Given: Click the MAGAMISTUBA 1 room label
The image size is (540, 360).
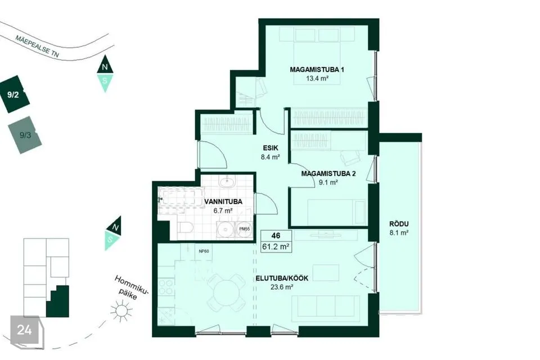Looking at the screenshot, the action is coord(317,70).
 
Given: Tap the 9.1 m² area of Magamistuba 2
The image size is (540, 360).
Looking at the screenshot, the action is coord(328,183).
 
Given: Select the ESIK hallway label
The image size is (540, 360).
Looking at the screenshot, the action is coord(271,148).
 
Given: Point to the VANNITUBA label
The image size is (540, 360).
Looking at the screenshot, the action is coord(223,201).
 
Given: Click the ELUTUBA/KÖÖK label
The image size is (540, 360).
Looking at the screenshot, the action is coord(282,278).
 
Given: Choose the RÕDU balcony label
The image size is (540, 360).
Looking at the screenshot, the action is coord(399,224).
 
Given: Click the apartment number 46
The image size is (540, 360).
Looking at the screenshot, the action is coord(276,236).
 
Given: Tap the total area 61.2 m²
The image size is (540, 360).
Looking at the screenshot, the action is coord(276,247).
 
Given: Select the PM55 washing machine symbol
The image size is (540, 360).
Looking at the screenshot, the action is coord(244,229).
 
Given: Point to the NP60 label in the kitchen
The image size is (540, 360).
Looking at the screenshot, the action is coord(204,251).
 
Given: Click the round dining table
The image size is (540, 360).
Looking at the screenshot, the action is coord(226,292).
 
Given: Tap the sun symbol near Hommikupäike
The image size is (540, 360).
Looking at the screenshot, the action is coord(121,310).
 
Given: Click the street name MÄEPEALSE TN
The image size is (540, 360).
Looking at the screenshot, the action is coord(37,46).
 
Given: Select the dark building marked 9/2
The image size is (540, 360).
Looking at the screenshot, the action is coord(14,94).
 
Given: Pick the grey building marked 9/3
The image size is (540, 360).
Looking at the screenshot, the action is coord(25,135).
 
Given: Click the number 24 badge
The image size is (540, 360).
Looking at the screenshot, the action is coord(25,330).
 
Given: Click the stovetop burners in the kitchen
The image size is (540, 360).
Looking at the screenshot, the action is coord(166,287).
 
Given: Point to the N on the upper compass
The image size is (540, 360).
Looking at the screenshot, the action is coord(105,67).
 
